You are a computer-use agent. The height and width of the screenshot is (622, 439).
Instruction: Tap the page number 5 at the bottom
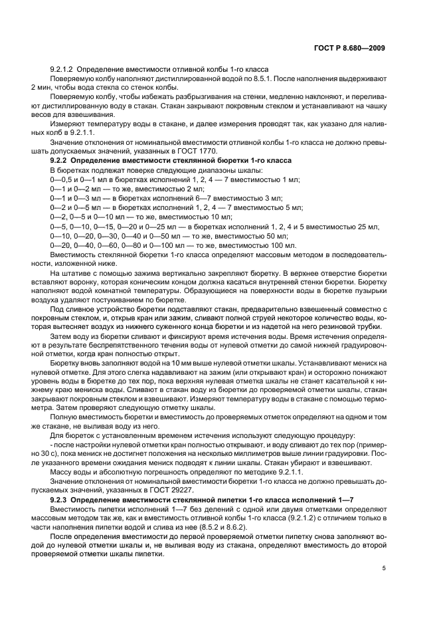384,568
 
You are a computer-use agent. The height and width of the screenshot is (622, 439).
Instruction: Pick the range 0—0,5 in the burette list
62,179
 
